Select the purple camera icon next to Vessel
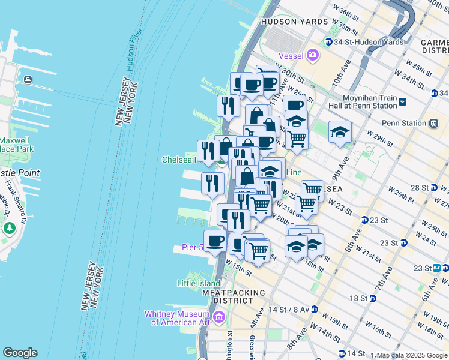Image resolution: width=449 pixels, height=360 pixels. (312, 56)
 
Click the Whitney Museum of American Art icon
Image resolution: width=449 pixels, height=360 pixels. (219, 316)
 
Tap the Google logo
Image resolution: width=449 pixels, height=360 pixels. (20, 353)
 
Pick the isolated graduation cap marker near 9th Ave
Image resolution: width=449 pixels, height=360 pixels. (340, 133)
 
